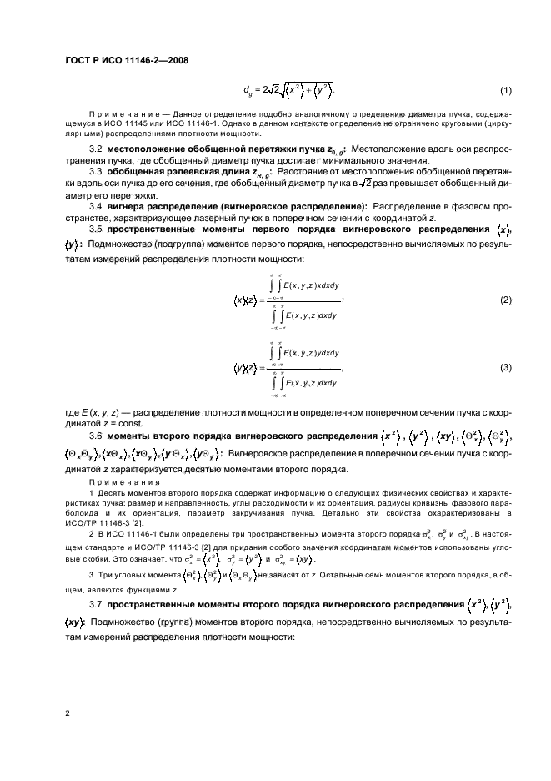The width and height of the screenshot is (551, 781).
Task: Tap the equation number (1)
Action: pyautogui.click(x=505, y=90)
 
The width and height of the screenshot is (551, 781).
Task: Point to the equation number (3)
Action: pyautogui.click(x=505, y=368)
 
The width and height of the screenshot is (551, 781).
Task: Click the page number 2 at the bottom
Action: pyautogui.click(x=66, y=714)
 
